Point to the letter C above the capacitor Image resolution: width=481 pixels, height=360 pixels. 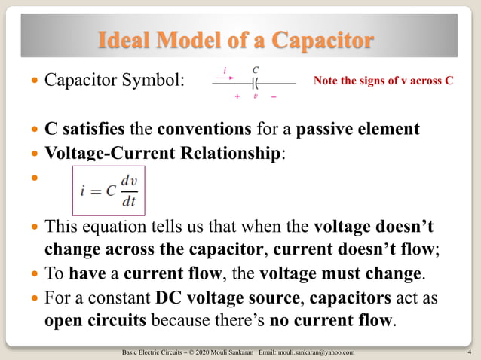(x=256, y=69)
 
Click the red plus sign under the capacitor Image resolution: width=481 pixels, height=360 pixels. (x=237, y=97)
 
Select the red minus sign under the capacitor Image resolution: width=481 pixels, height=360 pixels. (x=273, y=97)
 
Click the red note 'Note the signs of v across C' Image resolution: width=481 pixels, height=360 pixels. (x=383, y=80)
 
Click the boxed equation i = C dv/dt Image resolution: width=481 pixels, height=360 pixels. (x=109, y=191)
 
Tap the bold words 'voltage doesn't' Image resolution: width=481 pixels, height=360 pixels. (x=373, y=226)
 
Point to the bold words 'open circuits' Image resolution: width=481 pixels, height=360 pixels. (x=96, y=321)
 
